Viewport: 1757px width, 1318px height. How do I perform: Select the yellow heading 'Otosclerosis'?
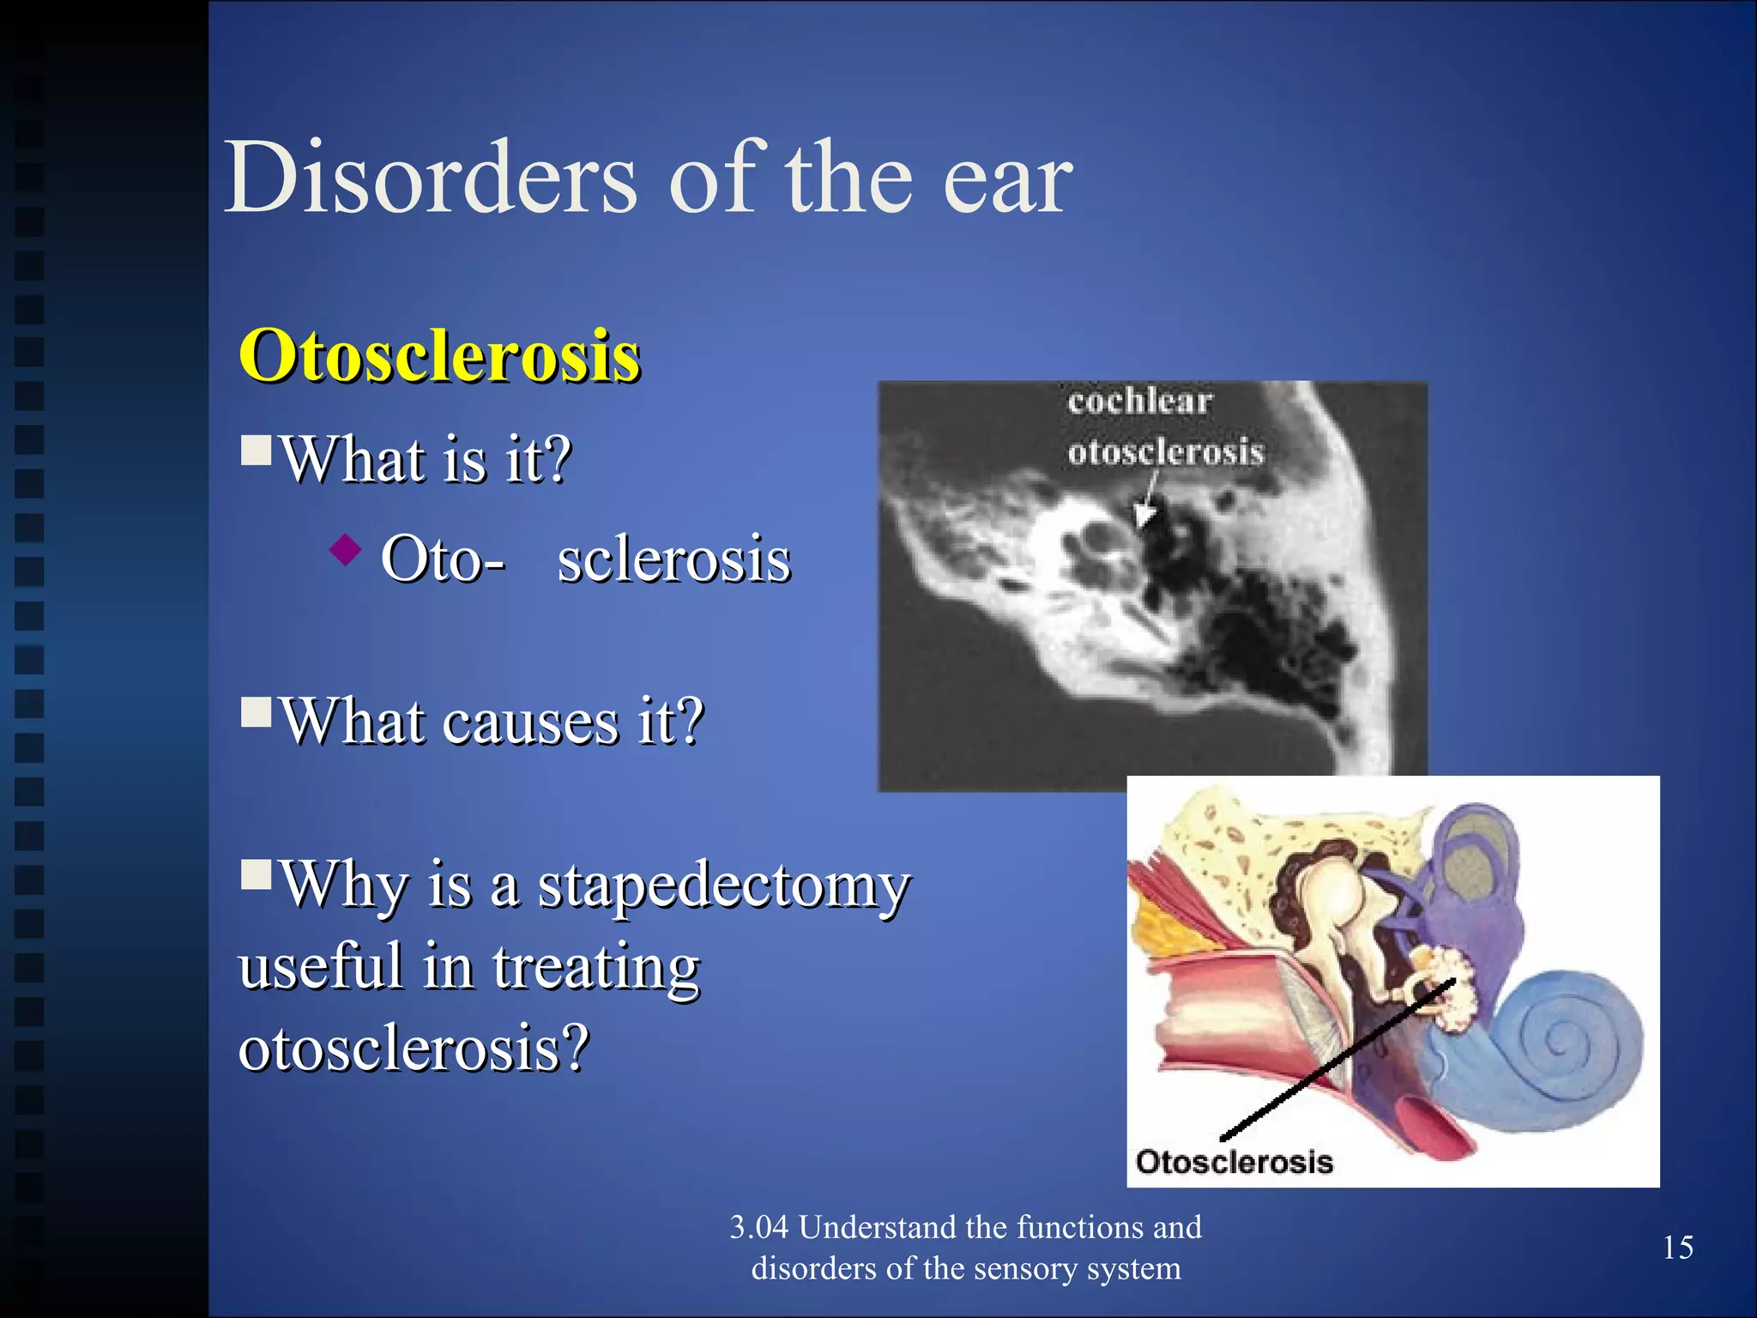[439, 356]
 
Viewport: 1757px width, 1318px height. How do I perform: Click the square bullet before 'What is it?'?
[256, 449]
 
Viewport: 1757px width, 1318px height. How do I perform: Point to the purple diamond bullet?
[346, 549]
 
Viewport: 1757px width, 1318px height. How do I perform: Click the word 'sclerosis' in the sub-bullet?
[673, 559]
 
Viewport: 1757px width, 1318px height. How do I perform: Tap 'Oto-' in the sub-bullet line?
[443, 559]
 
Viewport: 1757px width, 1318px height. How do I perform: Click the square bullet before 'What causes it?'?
[256, 710]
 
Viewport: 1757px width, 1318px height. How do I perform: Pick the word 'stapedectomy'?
[723, 886]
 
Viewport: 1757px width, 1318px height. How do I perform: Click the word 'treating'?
[596, 967]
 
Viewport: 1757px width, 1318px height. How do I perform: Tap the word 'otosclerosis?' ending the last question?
[414, 1048]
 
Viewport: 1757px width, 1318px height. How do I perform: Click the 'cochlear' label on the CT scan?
[1139, 402]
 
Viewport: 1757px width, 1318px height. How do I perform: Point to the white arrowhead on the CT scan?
[1144, 515]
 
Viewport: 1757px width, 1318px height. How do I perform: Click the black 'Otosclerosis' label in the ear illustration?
[1234, 1162]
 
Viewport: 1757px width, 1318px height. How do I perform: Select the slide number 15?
[1677, 1248]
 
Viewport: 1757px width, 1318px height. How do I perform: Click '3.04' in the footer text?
[758, 1228]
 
